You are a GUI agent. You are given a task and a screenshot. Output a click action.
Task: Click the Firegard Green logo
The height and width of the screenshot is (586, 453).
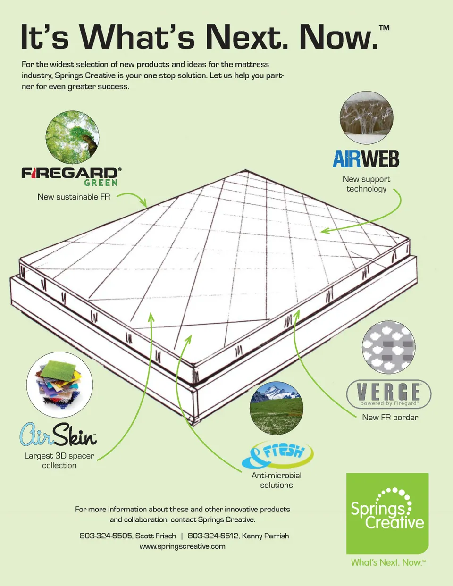[x=71, y=177]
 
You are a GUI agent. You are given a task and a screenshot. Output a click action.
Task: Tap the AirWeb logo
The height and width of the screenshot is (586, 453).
[x=366, y=159]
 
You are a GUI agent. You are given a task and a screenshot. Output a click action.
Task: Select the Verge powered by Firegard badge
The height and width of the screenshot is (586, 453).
[x=388, y=394]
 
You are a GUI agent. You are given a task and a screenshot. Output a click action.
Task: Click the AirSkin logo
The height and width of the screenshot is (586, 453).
[x=58, y=435]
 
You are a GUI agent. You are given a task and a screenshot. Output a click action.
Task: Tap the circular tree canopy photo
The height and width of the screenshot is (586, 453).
[x=72, y=137]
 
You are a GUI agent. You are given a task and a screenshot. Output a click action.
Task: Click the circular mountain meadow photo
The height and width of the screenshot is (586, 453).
[x=277, y=408]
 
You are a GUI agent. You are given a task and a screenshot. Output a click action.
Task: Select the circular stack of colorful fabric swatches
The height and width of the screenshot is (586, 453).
[x=59, y=385]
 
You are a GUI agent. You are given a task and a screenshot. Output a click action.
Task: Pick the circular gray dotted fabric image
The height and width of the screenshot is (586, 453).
[x=388, y=347]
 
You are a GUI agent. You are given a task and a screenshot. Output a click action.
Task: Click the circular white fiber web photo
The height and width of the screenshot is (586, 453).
[x=367, y=117]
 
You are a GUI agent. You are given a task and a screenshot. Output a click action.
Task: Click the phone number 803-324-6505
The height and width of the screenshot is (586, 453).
[x=106, y=536]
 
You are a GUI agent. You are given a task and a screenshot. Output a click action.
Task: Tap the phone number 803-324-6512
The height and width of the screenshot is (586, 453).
[x=213, y=536]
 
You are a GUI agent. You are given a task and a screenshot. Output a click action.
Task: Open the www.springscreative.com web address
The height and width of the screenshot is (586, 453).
[x=183, y=547]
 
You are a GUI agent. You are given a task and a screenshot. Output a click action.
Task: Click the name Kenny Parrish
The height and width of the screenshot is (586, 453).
[x=265, y=536]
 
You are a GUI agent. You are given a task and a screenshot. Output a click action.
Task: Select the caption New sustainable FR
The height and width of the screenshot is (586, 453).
[x=74, y=197]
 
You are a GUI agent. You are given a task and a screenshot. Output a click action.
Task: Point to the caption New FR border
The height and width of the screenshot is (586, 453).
[x=390, y=418]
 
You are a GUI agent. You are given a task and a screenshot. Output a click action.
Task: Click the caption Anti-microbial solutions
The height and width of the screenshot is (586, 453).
[x=277, y=480]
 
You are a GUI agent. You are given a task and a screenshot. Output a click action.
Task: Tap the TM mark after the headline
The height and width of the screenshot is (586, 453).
[x=384, y=28]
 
